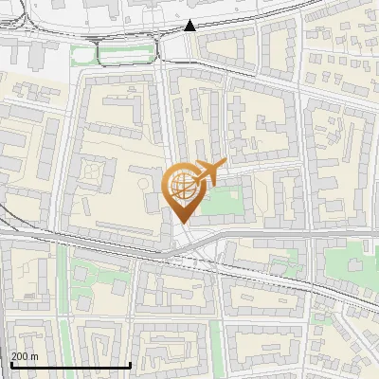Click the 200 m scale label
coord(25,356)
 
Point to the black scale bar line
coord(70,365)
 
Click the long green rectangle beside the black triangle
coord(128,54)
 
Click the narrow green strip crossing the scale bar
coord(67,351)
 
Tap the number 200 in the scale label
coord(20,356)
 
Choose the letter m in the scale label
coord(35,356)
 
